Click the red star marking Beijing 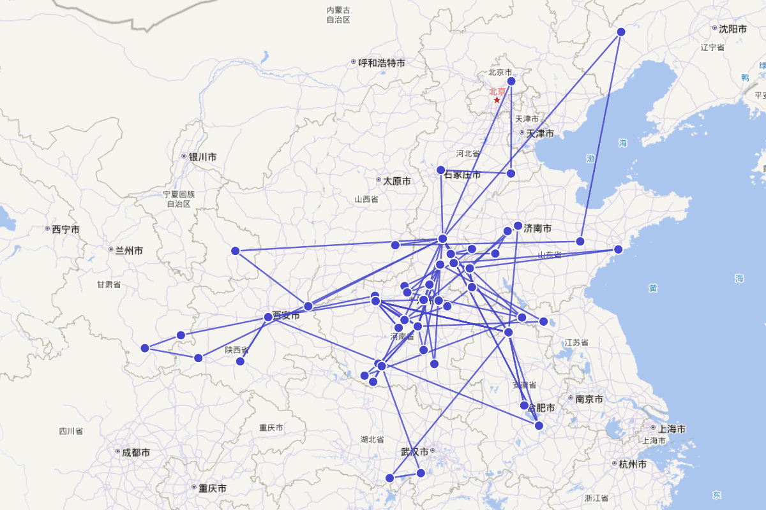click(x=497, y=100)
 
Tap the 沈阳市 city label click(x=732, y=29)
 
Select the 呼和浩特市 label click(x=382, y=63)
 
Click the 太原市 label click(x=397, y=181)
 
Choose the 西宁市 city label click(x=66, y=229)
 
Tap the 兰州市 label click(x=129, y=251)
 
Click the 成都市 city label click(x=136, y=453)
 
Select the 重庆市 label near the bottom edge click(x=212, y=488)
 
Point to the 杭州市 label click(x=633, y=464)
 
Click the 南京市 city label click(x=589, y=400)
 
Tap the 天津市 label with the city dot click(x=540, y=133)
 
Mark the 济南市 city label click(x=537, y=228)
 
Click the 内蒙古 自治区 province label click(x=338, y=15)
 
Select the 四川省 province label click(x=71, y=432)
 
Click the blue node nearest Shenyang click(x=621, y=32)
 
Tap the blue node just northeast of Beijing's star click(x=511, y=81)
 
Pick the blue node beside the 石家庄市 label click(x=440, y=170)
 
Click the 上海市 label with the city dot click(x=672, y=429)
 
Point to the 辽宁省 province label click(x=712, y=47)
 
